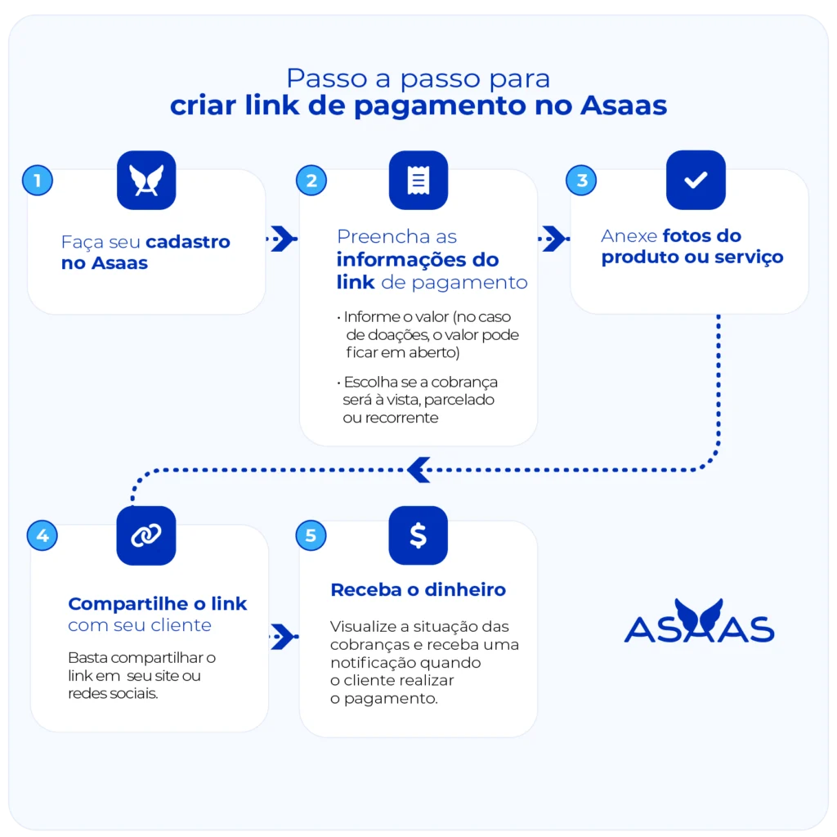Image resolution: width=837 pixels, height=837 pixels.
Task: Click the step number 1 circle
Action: click(38, 180)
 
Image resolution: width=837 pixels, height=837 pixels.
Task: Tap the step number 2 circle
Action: click(311, 180)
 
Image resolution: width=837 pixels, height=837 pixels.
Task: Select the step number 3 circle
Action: click(582, 180)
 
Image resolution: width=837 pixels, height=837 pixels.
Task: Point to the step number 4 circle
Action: click(42, 535)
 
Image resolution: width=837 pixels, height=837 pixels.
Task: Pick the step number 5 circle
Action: click(311, 535)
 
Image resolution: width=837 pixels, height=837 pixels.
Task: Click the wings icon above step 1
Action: click(146, 181)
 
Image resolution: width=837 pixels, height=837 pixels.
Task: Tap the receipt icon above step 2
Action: click(418, 181)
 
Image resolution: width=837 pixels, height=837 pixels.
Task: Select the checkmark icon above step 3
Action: click(696, 181)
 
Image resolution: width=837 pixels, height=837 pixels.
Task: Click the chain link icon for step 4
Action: click(146, 535)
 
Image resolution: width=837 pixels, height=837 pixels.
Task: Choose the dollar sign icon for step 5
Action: click(418, 535)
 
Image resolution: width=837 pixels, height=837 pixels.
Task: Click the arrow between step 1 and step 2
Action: click(283, 239)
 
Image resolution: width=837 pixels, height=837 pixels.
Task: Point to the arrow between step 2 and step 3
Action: click(554, 239)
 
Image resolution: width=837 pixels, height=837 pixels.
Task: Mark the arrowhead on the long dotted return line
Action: click(418, 469)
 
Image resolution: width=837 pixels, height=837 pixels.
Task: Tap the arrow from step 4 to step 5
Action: click(283, 636)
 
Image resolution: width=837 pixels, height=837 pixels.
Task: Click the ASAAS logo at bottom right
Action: click(699, 623)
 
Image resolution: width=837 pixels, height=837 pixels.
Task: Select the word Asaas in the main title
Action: click(624, 106)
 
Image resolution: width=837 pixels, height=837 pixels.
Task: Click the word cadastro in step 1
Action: click(188, 242)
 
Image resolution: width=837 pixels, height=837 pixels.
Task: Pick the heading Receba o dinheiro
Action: click(418, 590)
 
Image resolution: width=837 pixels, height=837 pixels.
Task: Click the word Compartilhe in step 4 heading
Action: click(124, 604)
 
